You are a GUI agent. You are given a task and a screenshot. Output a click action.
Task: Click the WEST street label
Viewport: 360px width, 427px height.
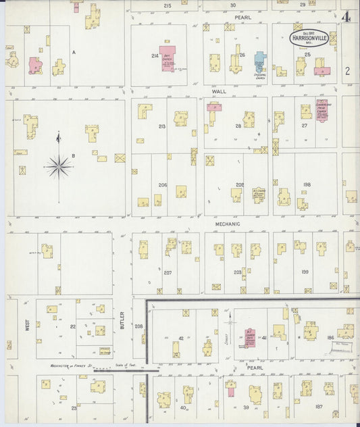[x=28, y=325]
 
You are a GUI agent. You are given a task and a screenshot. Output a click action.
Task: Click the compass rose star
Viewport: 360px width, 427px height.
[x=59, y=165]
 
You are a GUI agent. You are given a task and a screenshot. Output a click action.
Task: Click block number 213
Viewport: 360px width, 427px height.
[x=162, y=126]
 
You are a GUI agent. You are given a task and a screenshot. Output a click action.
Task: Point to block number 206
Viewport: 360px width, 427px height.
[x=162, y=184]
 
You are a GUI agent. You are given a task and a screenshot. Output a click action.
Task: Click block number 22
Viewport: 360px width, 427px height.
[x=72, y=326]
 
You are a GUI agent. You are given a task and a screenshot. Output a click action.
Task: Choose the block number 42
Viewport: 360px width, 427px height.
[x=181, y=338]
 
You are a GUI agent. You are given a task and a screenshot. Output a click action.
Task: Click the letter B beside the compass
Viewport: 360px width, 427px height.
[x=73, y=156]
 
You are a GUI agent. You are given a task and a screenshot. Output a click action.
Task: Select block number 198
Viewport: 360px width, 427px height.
[x=307, y=184]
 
